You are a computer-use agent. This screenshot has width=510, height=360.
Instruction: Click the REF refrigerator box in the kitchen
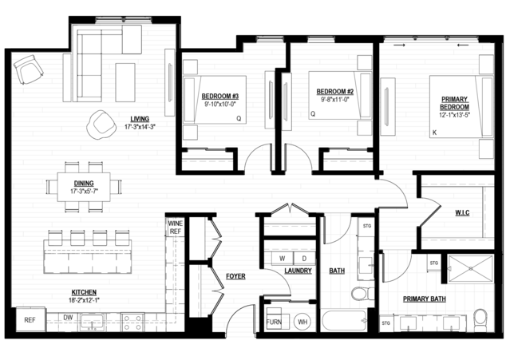click(30, 319)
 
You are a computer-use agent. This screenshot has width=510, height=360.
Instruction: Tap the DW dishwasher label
click(68, 318)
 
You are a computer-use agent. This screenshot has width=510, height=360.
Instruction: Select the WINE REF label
click(176, 227)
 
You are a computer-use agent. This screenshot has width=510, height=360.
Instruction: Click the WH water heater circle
click(302, 322)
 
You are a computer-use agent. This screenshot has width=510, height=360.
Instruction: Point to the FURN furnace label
click(274, 322)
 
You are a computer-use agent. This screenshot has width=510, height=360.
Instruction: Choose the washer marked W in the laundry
click(282, 259)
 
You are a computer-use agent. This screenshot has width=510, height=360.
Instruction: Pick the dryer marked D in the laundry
click(304, 259)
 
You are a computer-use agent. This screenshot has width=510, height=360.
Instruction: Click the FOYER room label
click(235, 276)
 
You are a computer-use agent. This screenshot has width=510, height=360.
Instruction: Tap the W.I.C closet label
click(462, 213)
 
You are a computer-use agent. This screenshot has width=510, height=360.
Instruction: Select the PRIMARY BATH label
click(424, 299)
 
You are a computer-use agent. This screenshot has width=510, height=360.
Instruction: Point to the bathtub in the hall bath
click(344, 321)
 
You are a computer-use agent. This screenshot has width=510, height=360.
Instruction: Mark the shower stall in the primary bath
click(471, 269)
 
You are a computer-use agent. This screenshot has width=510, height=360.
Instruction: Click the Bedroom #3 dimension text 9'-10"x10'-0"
click(219, 104)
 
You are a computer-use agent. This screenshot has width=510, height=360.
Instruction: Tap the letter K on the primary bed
click(434, 133)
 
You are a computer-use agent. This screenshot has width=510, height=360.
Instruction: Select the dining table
click(84, 187)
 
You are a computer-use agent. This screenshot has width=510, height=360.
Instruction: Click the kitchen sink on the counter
click(92, 322)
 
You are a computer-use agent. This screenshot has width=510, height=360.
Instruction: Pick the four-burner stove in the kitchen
click(132, 322)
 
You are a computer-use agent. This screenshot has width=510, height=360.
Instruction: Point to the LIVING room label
click(140, 119)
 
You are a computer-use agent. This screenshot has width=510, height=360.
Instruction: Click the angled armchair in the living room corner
click(28, 69)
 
